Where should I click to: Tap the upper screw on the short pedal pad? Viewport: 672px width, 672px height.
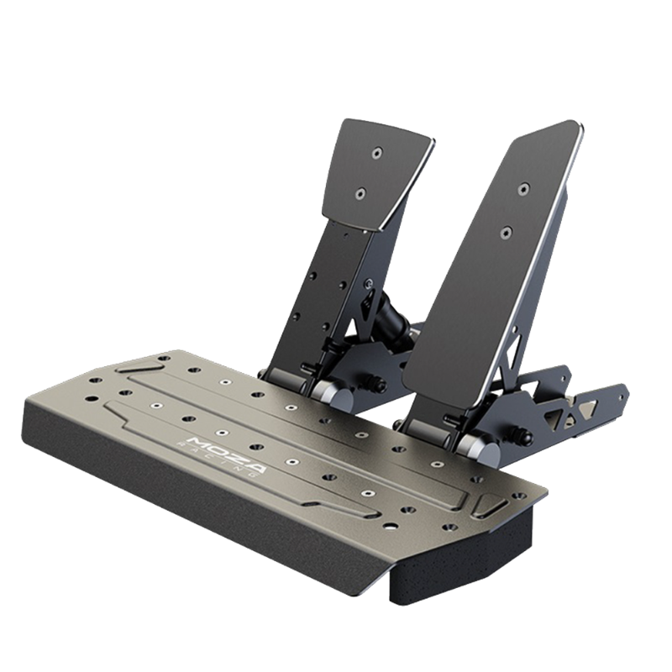376,152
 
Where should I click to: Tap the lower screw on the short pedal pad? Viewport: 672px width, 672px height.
360,194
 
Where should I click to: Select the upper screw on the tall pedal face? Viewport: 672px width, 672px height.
522,189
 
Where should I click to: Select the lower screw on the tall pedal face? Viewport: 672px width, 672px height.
507,232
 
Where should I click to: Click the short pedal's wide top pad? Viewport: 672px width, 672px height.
377,176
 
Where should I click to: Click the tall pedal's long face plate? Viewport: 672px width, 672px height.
493,275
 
